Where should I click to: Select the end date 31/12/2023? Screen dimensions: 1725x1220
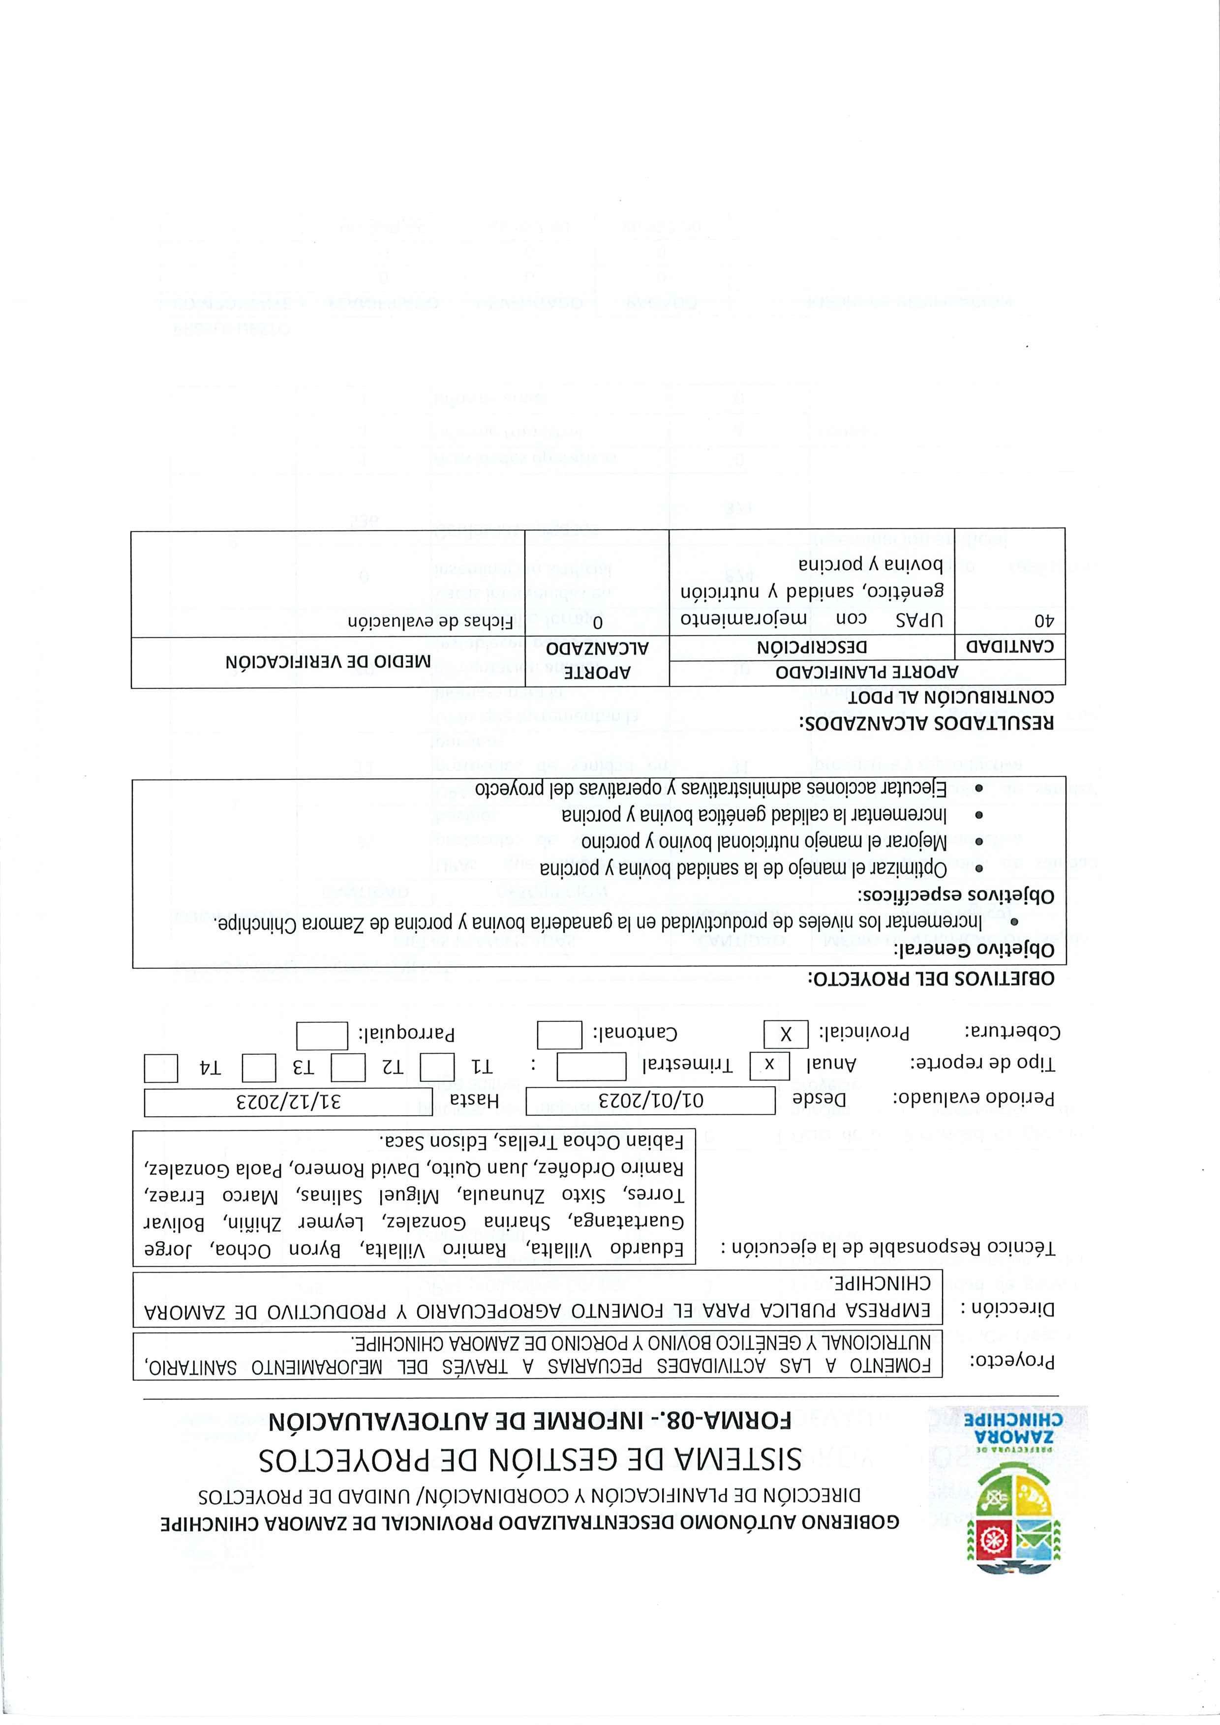[288, 1101]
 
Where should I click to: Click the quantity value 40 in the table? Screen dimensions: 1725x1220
[1043, 622]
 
